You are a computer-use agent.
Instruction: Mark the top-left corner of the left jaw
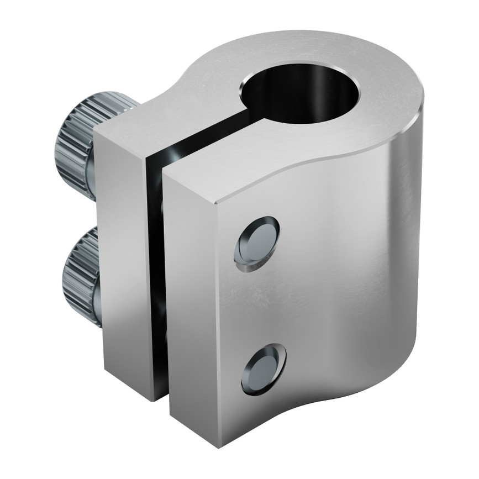(96, 134)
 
